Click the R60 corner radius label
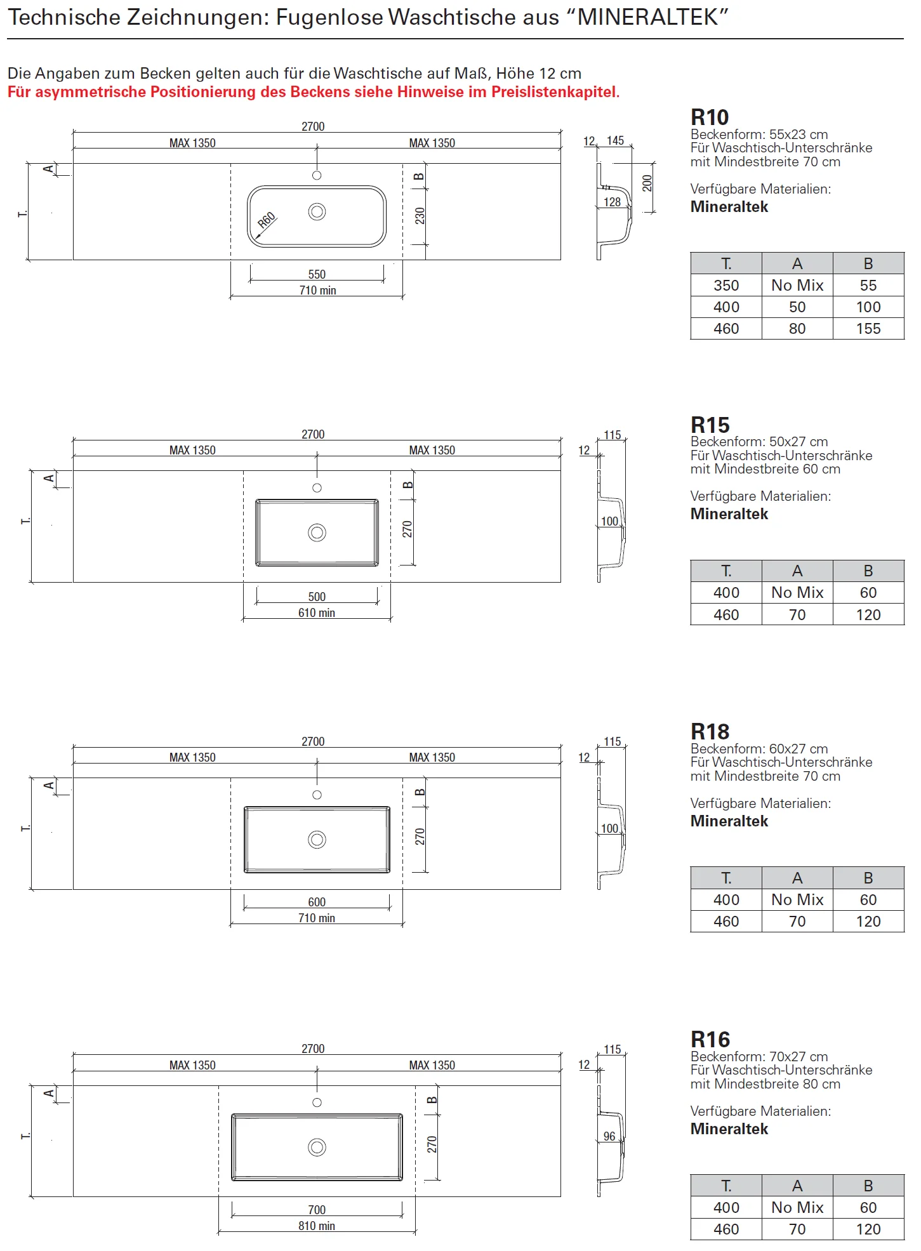point(267,220)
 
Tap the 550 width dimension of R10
point(317,274)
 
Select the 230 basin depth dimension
point(420,216)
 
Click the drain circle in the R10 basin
point(317,211)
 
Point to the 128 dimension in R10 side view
point(612,202)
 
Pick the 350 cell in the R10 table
point(726,286)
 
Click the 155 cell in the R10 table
point(868,329)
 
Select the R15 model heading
point(710,425)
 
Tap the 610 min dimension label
point(317,612)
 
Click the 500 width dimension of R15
point(317,597)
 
